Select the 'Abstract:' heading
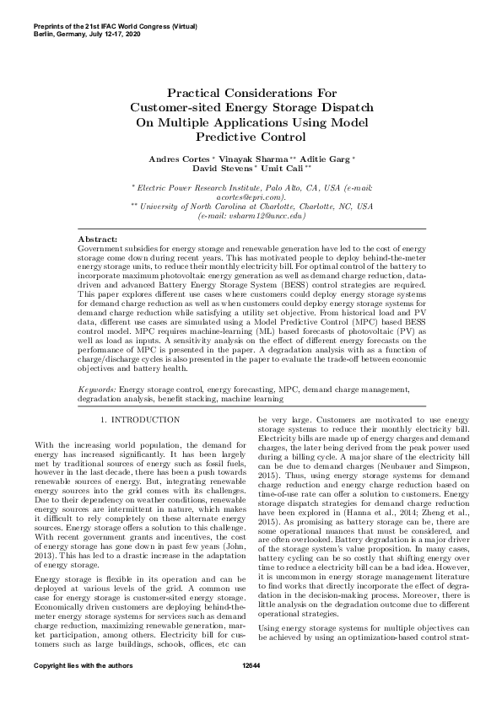click(96, 240)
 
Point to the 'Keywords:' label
click(97, 390)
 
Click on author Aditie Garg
click(326, 159)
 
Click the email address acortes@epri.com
click(251, 196)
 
